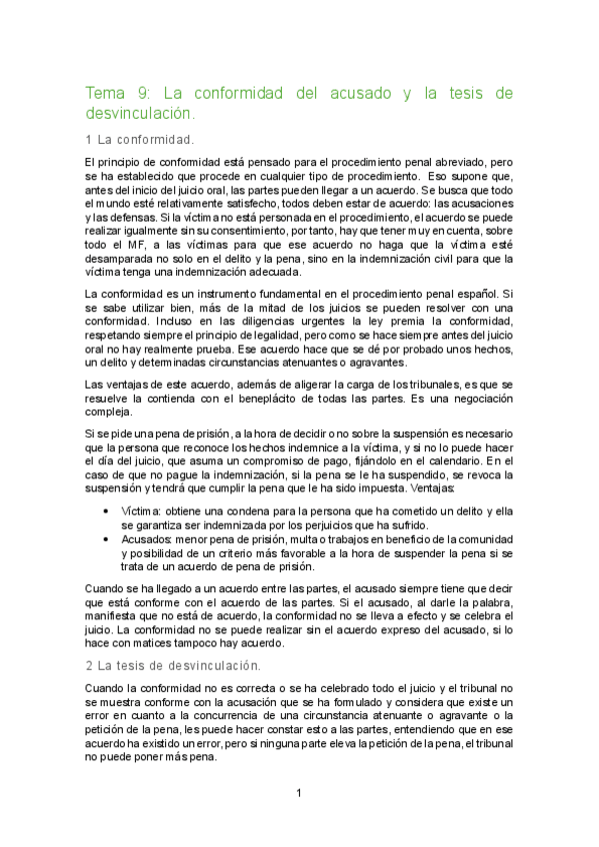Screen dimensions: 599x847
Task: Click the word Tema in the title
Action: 107,94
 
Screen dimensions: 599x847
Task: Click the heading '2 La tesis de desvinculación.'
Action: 173,664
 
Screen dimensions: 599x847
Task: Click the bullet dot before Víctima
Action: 107,509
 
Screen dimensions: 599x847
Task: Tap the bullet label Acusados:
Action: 153,537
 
